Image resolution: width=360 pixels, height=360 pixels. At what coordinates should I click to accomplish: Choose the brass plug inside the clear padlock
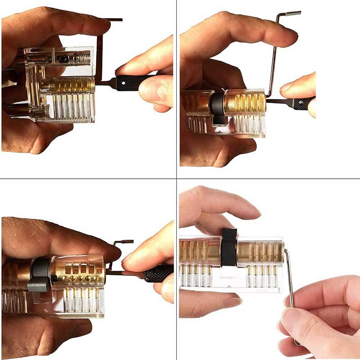tap(72, 85)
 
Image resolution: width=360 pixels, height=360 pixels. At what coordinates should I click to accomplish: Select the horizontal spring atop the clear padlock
tap(81, 58)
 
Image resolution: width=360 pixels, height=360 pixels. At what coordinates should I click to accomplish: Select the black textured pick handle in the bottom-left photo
tap(157, 273)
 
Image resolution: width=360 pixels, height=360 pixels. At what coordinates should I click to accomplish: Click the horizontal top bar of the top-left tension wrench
tap(111, 19)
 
